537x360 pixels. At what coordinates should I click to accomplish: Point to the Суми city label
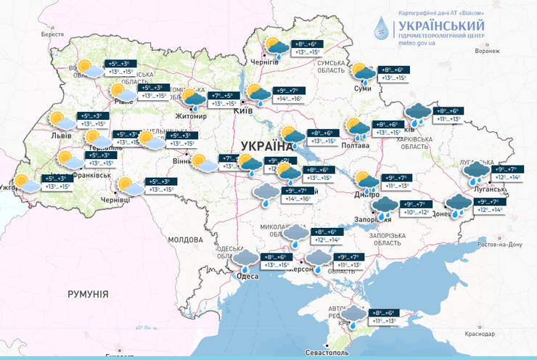363,89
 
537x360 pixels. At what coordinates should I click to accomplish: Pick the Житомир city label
181,115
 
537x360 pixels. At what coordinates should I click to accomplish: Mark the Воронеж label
488,52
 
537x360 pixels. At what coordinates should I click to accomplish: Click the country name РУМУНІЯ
87,294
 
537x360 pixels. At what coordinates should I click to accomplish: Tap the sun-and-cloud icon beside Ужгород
28,184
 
